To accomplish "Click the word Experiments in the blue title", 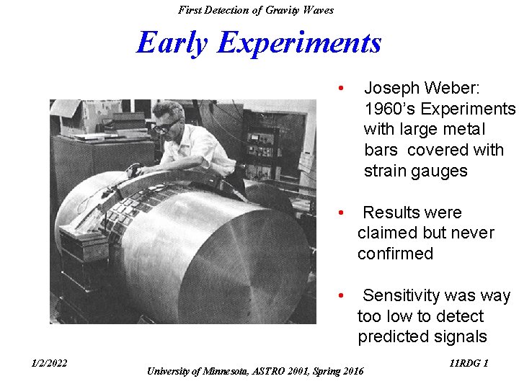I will [299, 43].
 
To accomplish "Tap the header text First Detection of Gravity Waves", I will [256, 9].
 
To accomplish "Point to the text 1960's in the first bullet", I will [387, 109].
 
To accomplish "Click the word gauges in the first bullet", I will [441, 171].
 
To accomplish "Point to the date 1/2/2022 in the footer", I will [48, 363].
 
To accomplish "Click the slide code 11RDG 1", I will [469, 363].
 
